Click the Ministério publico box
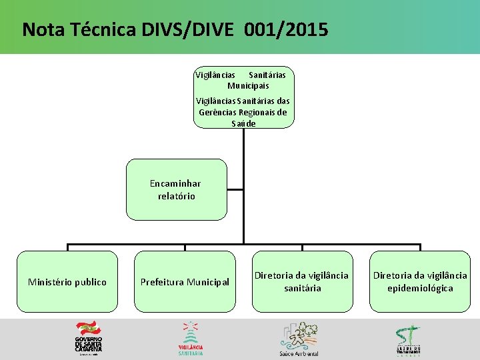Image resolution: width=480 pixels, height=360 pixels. pos(67,281)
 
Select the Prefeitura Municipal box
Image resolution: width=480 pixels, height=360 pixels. pos(185,281)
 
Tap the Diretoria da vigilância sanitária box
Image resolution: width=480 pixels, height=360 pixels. pos(303,281)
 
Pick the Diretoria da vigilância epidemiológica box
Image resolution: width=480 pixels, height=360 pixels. pos(420,281)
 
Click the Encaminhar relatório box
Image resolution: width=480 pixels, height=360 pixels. pos(177,189)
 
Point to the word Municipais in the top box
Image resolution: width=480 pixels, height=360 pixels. pos(248,86)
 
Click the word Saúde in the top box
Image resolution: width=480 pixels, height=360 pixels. pos(243,123)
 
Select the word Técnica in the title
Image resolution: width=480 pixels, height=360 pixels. pos(103,30)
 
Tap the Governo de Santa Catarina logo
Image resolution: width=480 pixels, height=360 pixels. pos(88,339)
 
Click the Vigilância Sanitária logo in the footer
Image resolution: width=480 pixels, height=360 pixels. pos(191,339)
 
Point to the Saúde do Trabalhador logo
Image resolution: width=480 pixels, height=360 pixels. pos(407,339)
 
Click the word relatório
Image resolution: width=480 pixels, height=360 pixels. pos(177,196)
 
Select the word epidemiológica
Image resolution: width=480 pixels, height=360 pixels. pos(420,288)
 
